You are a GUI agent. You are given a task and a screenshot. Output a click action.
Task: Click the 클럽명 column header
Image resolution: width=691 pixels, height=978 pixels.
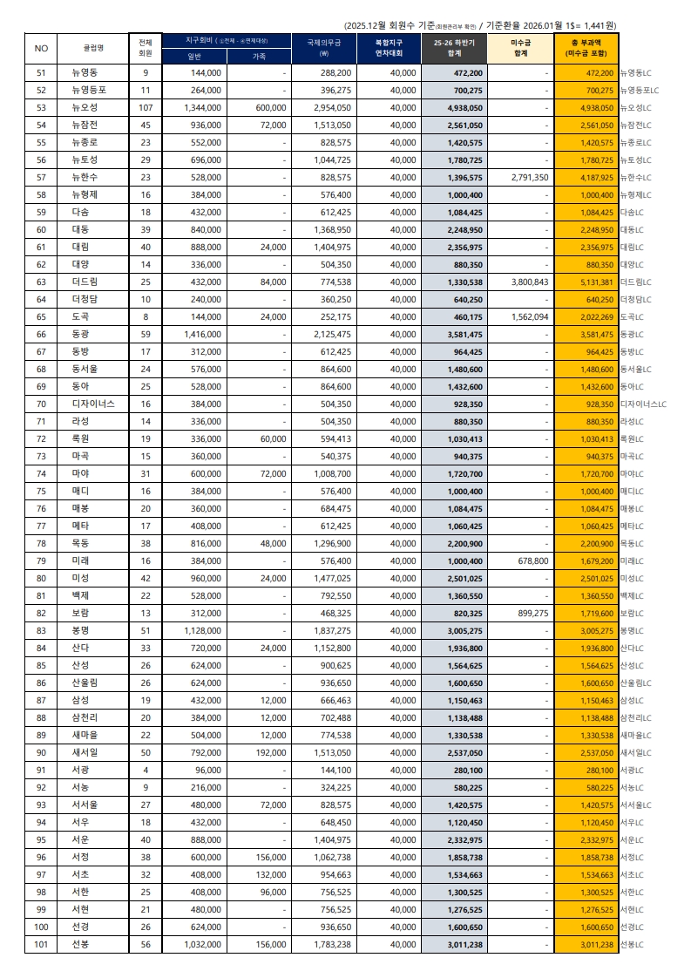[x=92, y=48]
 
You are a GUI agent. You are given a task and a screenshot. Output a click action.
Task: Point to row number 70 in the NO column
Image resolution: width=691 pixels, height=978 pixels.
[x=41, y=404]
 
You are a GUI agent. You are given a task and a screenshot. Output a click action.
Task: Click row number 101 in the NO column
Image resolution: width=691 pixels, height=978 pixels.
[x=41, y=944]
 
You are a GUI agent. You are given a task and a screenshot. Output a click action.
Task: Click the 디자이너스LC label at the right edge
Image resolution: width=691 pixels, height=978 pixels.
[x=643, y=404]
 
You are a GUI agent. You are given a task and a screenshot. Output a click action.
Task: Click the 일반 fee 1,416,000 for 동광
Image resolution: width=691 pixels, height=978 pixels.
[x=203, y=334]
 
